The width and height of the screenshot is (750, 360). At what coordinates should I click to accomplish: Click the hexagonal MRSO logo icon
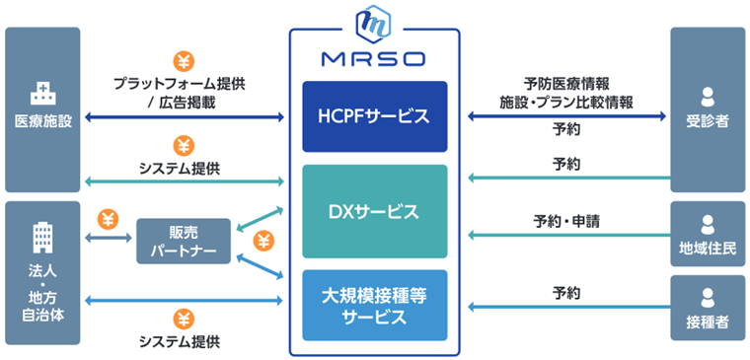(x=374, y=21)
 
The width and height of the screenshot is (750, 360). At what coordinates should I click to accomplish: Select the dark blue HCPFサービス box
(x=374, y=116)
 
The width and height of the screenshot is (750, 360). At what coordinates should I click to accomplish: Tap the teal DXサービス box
(x=374, y=211)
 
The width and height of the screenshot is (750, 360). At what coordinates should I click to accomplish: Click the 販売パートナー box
(x=184, y=241)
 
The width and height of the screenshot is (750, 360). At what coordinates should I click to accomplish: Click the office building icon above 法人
(x=42, y=236)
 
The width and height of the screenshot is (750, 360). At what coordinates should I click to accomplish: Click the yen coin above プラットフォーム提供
(x=184, y=61)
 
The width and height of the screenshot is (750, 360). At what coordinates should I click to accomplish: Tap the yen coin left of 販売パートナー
(x=110, y=219)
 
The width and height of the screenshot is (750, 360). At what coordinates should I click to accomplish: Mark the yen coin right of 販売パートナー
(x=263, y=240)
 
